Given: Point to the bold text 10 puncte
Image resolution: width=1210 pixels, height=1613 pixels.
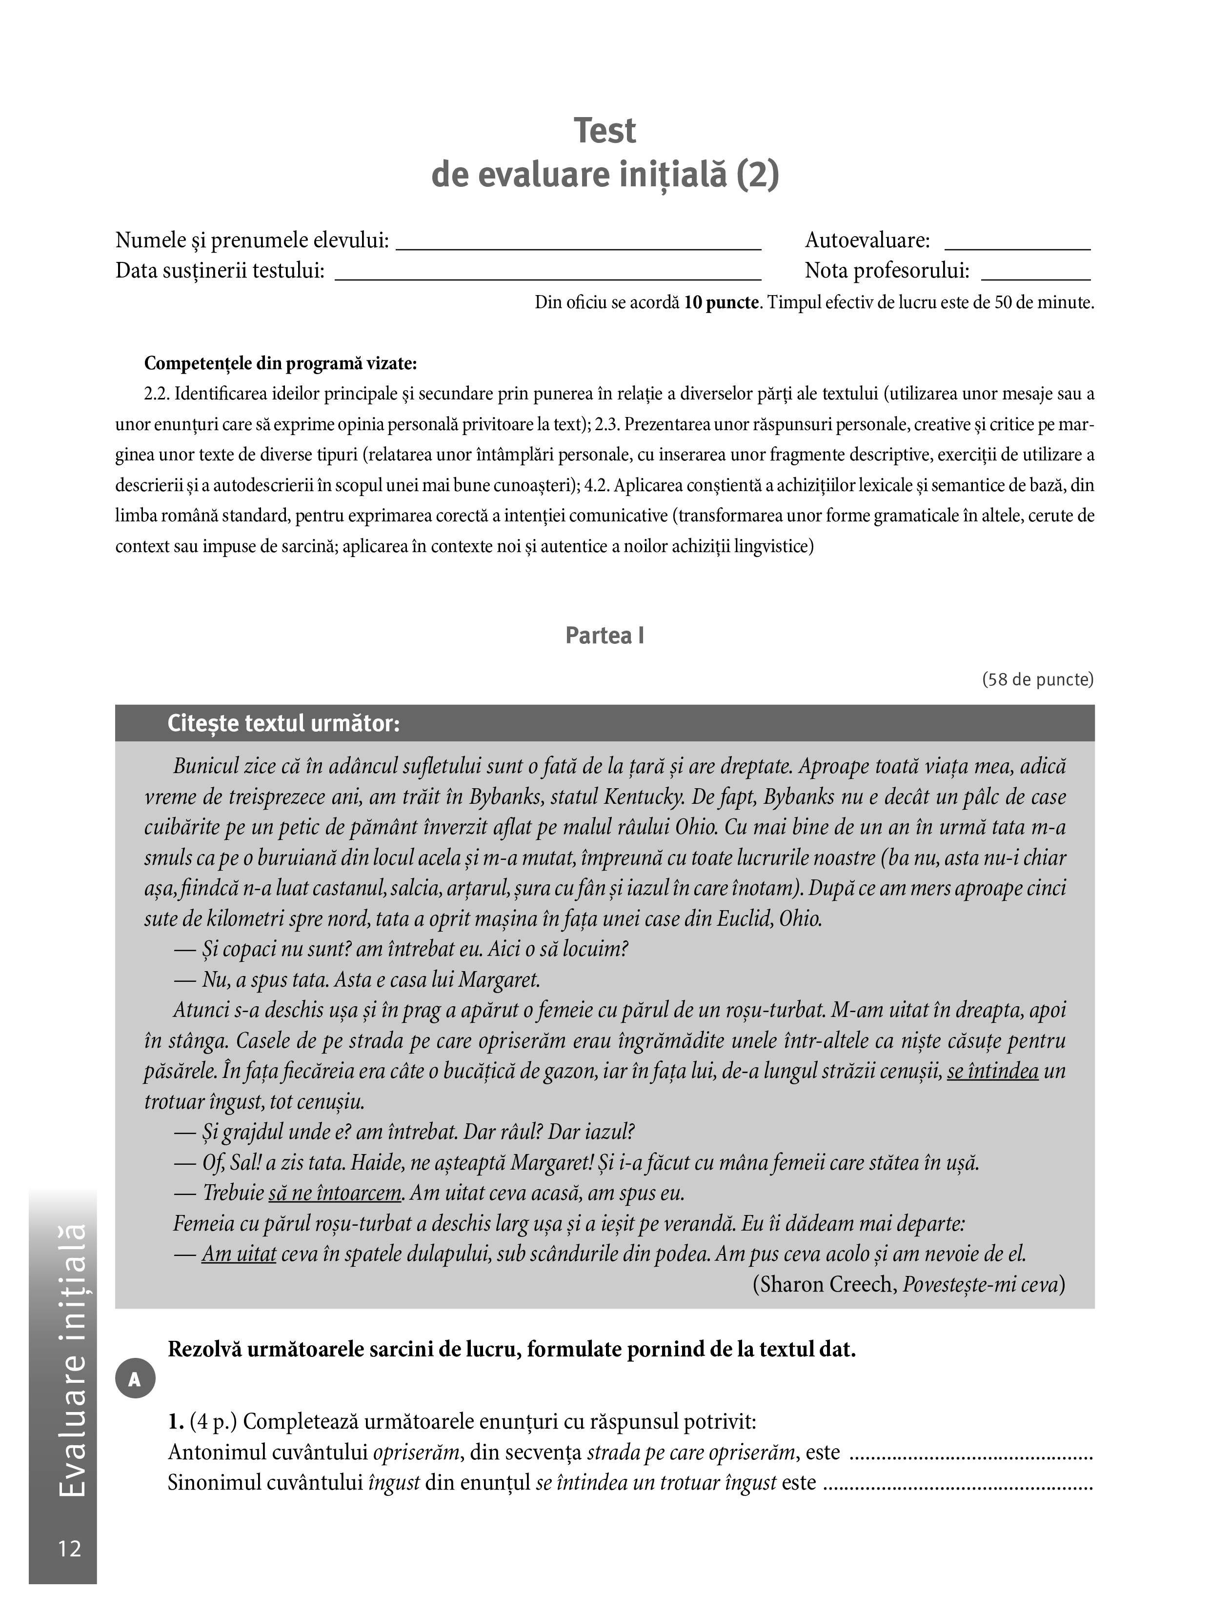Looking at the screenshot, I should pyautogui.click(x=721, y=302).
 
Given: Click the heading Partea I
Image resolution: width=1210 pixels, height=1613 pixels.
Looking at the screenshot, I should pyautogui.click(x=605, y=636).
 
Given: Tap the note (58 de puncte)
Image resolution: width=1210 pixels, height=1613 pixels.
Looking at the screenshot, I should pyautogui.click(x=1037, y=679).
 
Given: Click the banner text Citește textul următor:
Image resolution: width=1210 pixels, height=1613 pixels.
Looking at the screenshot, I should pyautogui.click(x=284, y=723).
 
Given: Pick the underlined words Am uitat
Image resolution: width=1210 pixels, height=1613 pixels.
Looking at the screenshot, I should pyautogui.click(x=239, y=1254).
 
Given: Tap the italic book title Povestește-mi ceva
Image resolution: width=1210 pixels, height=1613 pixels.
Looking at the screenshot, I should pyautogui.click(x=980, y=1284).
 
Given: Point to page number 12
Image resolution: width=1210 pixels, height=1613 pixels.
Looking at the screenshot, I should pyautogui.click(x=69, y=1548).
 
